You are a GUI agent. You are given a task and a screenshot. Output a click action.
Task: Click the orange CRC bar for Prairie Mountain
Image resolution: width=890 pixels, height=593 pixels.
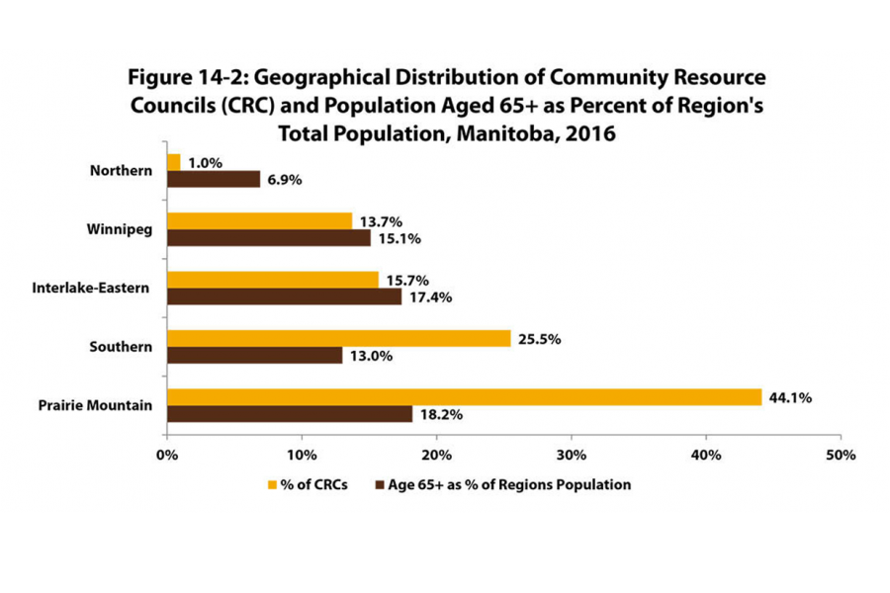[464, 397]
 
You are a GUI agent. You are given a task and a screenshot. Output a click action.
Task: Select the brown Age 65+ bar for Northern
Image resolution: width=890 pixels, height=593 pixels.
[214, 179]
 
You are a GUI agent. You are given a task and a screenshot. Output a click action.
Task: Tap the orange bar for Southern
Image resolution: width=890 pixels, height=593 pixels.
[338, 339]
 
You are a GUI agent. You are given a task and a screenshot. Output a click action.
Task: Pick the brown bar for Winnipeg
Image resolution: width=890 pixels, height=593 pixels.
[269, 238]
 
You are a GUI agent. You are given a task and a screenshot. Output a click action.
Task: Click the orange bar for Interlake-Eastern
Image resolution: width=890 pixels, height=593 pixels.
[273, 280]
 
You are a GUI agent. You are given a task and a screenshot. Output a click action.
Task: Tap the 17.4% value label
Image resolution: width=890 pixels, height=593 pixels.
[432, 296]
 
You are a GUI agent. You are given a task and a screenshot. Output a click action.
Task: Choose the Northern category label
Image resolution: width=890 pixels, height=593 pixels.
[120, 170]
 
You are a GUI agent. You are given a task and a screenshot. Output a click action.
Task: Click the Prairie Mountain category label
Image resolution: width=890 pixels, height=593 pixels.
[95, 405]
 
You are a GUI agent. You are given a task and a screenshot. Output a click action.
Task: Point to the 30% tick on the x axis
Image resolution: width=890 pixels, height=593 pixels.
[571, 456]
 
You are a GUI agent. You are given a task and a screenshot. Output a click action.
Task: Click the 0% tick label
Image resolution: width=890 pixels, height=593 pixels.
[167, 456]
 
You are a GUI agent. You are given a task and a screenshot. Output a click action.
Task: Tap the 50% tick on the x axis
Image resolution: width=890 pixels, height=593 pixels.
[840, 456]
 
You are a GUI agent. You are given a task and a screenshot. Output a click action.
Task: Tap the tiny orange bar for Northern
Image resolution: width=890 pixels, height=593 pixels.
[174, 162]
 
